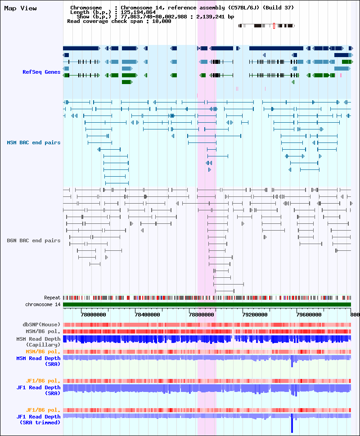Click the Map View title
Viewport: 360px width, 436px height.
click(x=20, y=8)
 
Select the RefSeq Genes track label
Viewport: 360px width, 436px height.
click(x=41, y=72)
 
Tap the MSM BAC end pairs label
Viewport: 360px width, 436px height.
click(x=34, y=142)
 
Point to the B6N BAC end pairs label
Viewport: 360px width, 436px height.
click(x=34, y=240)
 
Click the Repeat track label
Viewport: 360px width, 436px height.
click(x=52, y=298)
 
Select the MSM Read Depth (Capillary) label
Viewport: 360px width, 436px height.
click(x=38, y=341)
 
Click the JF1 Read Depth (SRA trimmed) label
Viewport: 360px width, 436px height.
click(x=38, y=419)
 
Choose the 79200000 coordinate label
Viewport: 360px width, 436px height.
click(x=255, y=315)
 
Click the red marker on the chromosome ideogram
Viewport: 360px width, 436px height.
click(x=274, y=26)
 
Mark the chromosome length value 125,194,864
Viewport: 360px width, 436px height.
click(x=138, y=12)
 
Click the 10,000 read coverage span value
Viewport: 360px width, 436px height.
click(x=162, y=21)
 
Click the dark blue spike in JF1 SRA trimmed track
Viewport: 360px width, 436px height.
click(x=292, y=424)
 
